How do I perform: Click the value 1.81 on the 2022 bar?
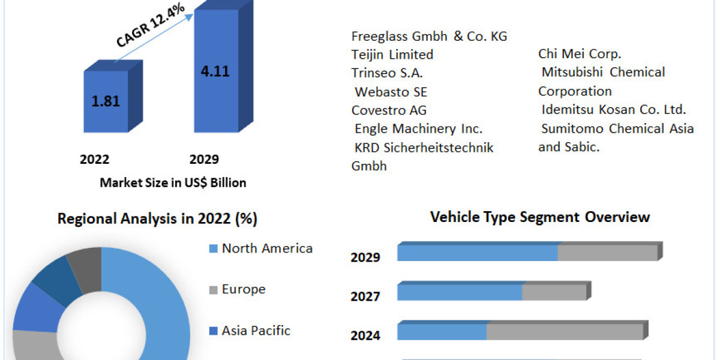click(x=106, y=101)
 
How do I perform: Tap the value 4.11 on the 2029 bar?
click(x=215, y=71)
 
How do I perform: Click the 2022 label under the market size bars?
click(x=94, y=160)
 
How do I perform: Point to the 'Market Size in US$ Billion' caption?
click(x=173, y=183)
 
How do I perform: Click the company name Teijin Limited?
click(x=392, y=55)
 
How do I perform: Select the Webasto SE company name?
click(x=391, y=92)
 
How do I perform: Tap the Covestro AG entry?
click(x=389, y=110)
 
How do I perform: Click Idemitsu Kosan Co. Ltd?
click(x=613, y=110)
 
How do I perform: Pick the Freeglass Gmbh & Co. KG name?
click(x=429, y=37)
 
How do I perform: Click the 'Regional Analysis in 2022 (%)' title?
click(x=157, y=220)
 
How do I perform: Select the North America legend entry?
click(x=267, y=248)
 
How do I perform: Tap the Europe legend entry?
click(x=244, y=289)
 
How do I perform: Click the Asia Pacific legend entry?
click(x=256, y=331)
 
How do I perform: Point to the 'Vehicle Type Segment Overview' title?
click(x=540, y=217)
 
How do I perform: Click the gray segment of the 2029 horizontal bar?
click(x=607, y=253)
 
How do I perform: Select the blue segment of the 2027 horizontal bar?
click(x=460, y=292)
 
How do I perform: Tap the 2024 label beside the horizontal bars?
click(x=365, y=335)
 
